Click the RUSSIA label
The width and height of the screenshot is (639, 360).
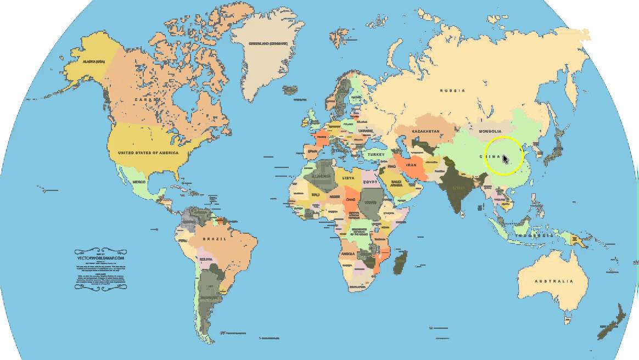[x=453, y=91]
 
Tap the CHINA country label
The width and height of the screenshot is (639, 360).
[x=492, y=157]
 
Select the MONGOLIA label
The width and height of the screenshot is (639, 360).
[x=490, y=131]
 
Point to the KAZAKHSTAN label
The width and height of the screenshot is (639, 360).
[x=425, y=132]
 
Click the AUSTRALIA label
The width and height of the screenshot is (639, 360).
[x=554, y=282]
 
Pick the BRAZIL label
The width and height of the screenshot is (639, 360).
[x=215, y=239]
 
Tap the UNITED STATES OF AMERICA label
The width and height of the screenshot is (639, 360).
[x=148, y=153]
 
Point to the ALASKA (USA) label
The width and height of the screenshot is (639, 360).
[x=93, y=62]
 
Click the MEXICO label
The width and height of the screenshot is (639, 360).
[x=139, y=182]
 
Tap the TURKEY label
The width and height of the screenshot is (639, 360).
[x=377, y=155]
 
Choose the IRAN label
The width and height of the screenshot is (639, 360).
[x=411, y=165]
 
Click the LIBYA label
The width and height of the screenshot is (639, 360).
[x=348, y=178]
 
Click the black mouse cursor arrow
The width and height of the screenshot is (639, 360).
[x=506, y=159]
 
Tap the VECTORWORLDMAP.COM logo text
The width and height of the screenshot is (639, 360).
[x=101, y=257]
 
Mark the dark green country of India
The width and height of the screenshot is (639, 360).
[x=457, y=189]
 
